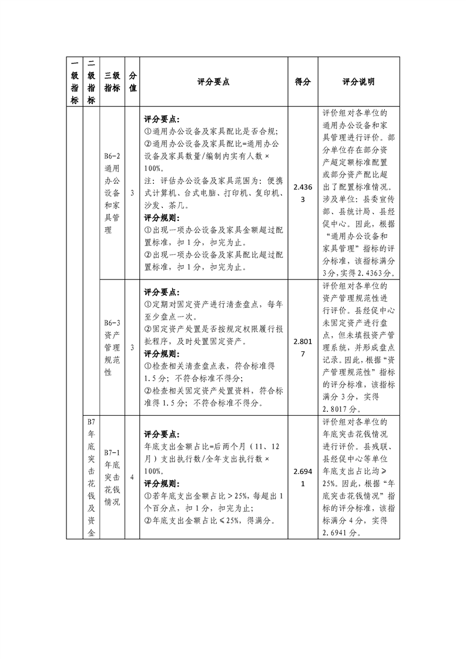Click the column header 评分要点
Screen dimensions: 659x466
[213, 82]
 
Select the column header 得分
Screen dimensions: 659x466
[302, 82]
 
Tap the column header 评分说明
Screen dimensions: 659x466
[358, 82]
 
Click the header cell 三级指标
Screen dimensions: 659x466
[112, 82]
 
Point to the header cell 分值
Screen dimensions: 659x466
[132, 82]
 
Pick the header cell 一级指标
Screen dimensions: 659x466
[74, 82]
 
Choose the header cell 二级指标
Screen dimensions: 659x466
[90, 82]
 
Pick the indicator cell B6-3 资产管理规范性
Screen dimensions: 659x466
[112, 347]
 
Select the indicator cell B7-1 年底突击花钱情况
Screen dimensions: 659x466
[112, 478]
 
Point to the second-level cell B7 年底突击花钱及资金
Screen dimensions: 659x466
[90, 478]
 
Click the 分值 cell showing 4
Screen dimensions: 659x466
[132, 478]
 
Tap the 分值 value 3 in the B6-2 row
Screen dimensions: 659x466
[132, 193]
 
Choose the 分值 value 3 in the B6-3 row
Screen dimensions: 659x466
[132, 347]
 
